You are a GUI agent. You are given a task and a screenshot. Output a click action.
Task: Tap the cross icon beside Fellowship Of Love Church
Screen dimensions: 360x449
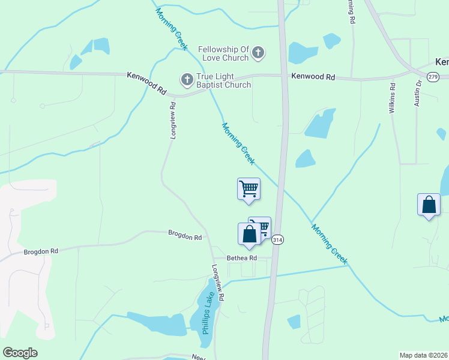258,53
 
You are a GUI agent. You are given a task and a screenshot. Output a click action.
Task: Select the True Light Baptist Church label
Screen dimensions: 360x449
224,80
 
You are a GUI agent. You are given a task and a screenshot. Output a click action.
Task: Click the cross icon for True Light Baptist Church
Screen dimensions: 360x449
187,79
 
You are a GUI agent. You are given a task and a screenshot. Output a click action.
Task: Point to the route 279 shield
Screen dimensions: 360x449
432,76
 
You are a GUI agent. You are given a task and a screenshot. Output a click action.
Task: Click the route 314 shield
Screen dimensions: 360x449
277,239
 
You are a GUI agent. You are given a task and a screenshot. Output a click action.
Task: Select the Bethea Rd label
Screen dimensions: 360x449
241,258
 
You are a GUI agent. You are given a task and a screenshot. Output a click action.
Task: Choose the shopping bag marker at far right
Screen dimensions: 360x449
429,205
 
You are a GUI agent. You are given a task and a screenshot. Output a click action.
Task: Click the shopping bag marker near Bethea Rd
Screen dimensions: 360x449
250,235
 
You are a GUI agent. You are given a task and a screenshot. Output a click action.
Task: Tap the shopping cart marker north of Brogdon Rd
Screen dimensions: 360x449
249,190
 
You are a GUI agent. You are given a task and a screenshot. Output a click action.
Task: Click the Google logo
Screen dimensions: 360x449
20,353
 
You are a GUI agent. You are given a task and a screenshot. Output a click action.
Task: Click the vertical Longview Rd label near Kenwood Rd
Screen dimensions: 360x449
173,120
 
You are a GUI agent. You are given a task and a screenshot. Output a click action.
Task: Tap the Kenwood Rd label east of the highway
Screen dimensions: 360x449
313,77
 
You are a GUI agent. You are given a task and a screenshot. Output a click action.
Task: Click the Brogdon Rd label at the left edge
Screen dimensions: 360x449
41,251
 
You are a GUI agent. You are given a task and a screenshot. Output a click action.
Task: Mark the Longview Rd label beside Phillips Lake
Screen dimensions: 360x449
218,283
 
